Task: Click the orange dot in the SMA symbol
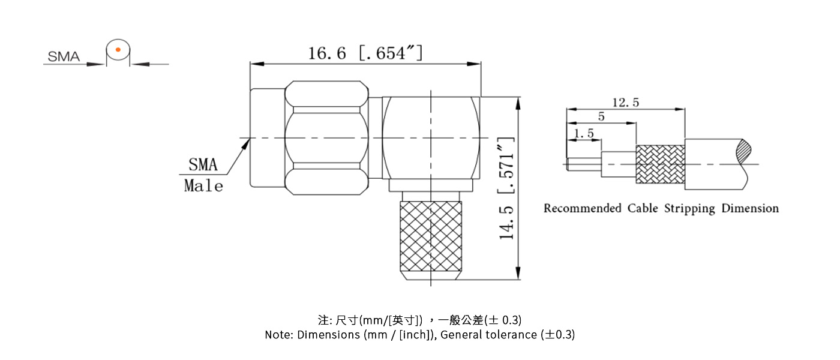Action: [x=118, y=49]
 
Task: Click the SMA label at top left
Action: [x=64, y=57]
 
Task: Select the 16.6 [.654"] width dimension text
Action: [x=365, y=53]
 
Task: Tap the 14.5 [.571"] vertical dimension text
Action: [x=508, y=188]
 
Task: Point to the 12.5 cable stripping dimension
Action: [x=625, y=103]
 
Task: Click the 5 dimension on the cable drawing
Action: [x=601, y=117]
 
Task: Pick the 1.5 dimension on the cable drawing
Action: [x=584, y=134]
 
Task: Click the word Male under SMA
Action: [x=203, y=186]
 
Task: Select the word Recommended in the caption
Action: [x=582, y=209]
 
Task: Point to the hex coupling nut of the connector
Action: [x=326, y=139]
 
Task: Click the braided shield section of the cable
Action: [x=660, y=164]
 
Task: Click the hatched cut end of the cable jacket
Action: [x=744, y=150]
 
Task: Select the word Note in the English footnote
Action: [x=278, y=335]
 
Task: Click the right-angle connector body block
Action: [x=431, y=138]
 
